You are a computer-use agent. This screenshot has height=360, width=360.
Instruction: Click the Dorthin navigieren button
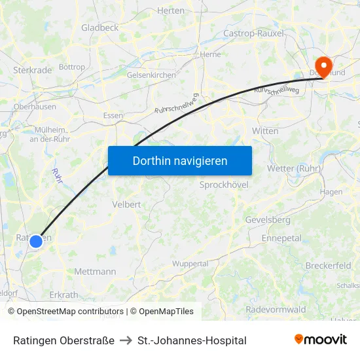click(x=180, y=160)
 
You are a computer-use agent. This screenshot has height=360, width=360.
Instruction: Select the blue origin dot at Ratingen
click(x=36, y=241)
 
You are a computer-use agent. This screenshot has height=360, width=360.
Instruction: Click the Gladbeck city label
click(x=99, y=27)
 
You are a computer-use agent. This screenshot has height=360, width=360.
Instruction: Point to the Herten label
click(x=171, y=11)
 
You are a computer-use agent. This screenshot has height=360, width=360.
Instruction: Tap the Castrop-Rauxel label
click(x=253, y=33)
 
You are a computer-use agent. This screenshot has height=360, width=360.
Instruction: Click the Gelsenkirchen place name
click(x=151, y=75)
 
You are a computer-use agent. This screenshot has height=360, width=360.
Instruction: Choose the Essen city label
click(x=113, y=116)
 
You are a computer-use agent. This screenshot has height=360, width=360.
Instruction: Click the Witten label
click(x=265, y=131)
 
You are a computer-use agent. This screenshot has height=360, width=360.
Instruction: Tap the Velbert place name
click(x=126, y=204)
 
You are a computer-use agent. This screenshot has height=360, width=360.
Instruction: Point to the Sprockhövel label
click(x=224, y=185)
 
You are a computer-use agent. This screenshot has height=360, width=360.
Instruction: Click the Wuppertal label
click(x=190, y=264)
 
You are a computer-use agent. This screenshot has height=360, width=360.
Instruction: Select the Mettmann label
click(x=95, y=271)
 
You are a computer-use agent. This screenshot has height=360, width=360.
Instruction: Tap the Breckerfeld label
click(x=328, y=265)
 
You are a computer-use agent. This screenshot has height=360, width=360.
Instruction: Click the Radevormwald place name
click(x=276, y=310)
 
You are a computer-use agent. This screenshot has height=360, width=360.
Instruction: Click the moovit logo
click(x=321, y=339)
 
